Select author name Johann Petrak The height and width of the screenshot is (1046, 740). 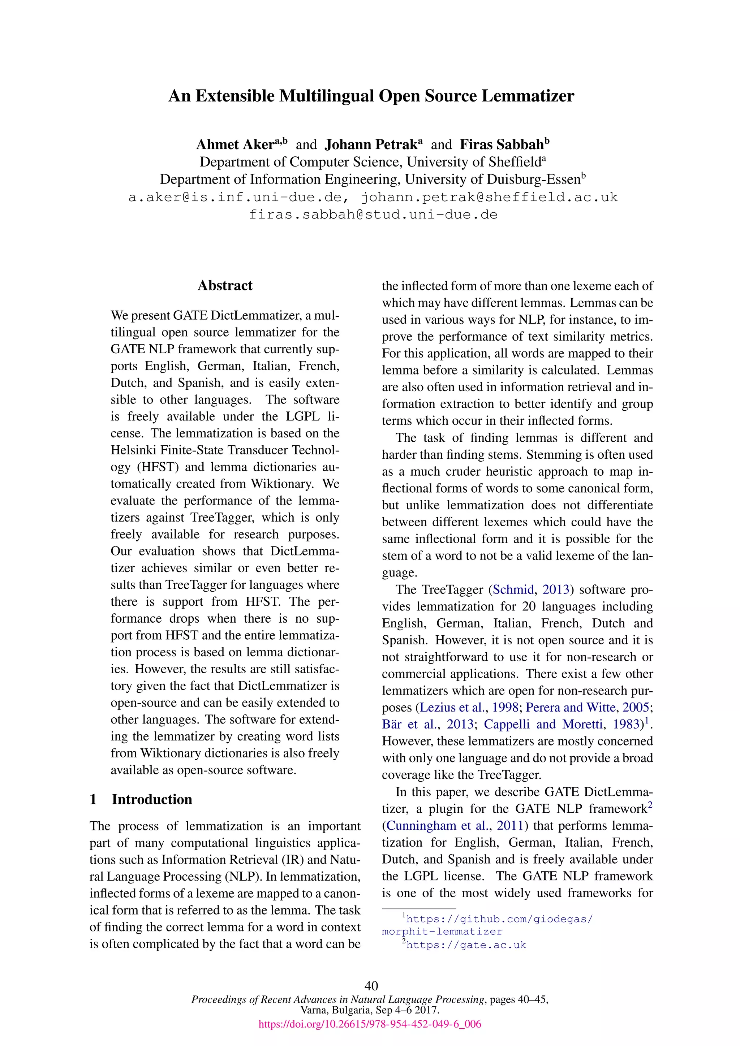click(x=371, y=145)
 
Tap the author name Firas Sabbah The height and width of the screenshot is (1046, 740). click(x=502, y=145)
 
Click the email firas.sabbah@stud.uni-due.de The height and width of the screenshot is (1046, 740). click(x=373, y=215)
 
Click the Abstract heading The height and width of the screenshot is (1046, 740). click(x=225, y=286)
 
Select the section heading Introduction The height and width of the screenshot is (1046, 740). click(x=152, y=799)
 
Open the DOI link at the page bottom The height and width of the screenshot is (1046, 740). click(x=370, y=1024)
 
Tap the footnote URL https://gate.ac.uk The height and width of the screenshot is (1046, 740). click(x=466, y=945)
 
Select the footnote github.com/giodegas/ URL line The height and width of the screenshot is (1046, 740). click(x=499, y=919)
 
